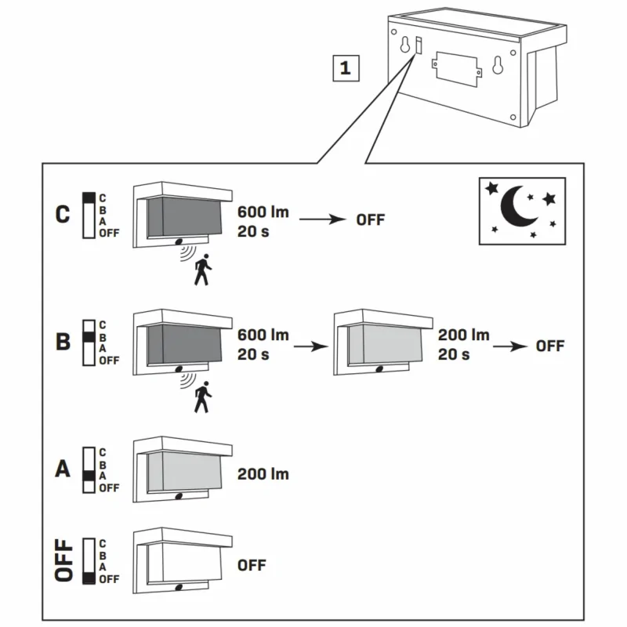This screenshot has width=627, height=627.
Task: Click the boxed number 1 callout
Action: coord(344,68)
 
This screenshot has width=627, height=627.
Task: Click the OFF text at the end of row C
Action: coord(371,219)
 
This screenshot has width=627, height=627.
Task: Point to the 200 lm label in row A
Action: coord(263,474)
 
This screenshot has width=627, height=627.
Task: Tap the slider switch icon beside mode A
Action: coord(89,469)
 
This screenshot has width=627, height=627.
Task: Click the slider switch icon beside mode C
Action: coord(89,215)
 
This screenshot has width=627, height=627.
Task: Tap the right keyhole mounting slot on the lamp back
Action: coord(497,67)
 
